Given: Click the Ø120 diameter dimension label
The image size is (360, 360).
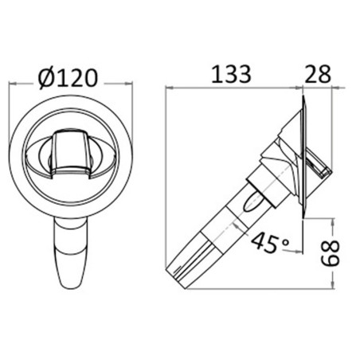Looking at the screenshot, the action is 68,78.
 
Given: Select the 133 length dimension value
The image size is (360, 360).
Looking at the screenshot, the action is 231,74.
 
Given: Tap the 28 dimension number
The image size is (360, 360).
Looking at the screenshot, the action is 318,74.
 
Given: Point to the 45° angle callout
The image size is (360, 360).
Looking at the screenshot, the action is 270,243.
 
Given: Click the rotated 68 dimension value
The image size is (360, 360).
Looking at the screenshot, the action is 331,253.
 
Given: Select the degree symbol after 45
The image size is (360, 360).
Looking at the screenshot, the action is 285,242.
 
